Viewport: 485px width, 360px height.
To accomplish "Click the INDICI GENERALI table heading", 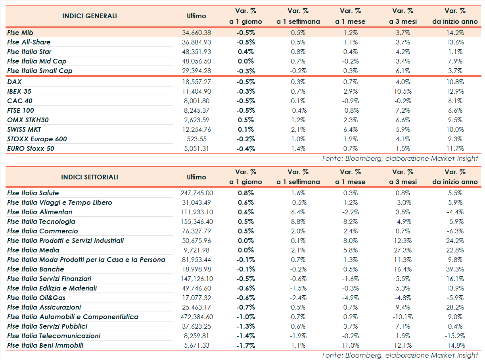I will coord(90,16).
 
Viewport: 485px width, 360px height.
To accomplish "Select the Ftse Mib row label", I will coord(22,33).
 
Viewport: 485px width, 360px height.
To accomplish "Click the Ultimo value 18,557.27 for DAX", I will coord(196,82).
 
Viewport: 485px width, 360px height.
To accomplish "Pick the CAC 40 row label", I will coord(20,101).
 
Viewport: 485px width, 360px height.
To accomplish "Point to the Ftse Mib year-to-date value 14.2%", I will coord(455,33).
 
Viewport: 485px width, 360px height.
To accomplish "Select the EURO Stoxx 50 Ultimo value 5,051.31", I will coord(196,148).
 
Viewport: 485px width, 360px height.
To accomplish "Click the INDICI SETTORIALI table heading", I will coord(90,177).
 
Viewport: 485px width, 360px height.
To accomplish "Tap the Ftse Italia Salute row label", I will coord(33,193).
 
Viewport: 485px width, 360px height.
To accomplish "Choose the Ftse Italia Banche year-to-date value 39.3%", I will coord(455,269).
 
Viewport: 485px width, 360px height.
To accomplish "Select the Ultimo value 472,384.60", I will coord(196,317).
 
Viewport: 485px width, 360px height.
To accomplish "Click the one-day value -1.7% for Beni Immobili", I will coord(245,345).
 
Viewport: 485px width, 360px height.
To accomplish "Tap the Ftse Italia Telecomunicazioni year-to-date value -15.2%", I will coord(455,336).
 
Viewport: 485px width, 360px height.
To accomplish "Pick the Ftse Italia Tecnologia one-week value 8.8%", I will coord(298,221).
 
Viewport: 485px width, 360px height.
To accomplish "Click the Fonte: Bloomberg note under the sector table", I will coord(400,355).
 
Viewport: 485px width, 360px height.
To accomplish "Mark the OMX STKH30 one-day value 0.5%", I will coord(245,120).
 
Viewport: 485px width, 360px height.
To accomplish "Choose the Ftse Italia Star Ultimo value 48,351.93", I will coord(196,52).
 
